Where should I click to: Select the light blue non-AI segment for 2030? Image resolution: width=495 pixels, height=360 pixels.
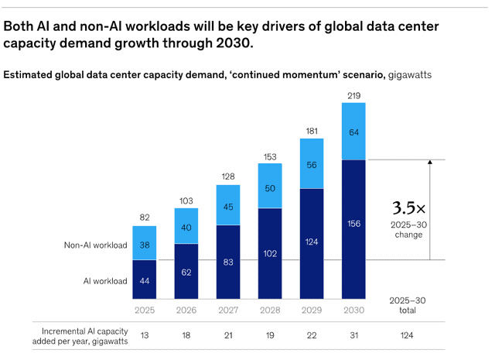point(354,131)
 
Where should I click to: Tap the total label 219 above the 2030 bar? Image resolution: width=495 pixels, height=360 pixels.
point(354,94)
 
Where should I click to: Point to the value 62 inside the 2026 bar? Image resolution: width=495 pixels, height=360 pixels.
point(186,272)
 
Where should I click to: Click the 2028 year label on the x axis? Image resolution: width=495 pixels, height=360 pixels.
point(270,310)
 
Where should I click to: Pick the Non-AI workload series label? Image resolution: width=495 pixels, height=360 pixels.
point(95,245)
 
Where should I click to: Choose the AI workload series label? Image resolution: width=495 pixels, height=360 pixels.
point(104,281)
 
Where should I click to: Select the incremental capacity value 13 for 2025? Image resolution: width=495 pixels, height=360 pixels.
point(144,335)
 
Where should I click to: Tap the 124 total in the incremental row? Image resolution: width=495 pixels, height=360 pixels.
point(407,335)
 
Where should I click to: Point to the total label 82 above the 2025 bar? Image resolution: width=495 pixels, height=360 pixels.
point(144,218)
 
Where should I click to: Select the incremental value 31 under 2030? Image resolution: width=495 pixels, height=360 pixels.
point(354,335)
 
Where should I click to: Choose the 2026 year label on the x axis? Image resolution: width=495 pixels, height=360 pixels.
point(186,310)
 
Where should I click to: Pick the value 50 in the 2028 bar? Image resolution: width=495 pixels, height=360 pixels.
point(270,189)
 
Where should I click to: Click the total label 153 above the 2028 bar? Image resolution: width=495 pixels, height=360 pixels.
point(270,157)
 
